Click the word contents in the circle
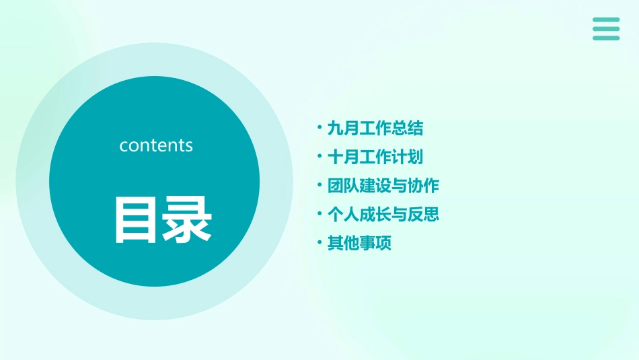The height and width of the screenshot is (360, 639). [x=156, y=145]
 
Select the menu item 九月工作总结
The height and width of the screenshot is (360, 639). [x=375, y=128]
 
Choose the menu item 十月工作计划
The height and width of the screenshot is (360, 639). [x=375, y=157]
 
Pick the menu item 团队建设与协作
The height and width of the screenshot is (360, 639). [x=383, y=186]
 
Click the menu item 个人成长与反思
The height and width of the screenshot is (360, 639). [x=383, y=215]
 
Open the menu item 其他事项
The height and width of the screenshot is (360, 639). [x=359, y=244]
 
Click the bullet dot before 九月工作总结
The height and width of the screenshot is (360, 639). [x=319, y=127]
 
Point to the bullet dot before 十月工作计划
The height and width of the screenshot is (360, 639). [x=319, y=155]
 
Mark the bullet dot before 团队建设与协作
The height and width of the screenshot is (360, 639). [x=319, y=184]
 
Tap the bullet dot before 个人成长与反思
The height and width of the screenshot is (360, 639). [x=319, y=213]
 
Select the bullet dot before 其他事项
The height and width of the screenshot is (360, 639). [x=319, y=242]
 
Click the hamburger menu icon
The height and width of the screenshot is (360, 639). [x=606, y=29]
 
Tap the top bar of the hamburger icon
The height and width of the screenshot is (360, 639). [x=606, y=20]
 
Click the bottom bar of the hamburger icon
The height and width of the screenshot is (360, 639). [x=606, y=38]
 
